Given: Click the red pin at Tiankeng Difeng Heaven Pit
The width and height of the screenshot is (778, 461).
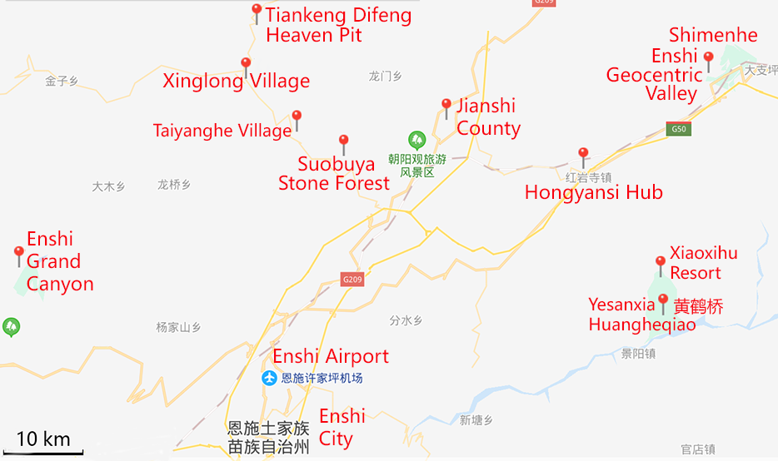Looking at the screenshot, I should (x=257, y=11).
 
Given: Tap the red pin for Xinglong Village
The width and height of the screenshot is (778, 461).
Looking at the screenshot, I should (x=246, y=65).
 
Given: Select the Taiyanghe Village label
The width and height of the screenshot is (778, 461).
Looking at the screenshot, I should (x=222, y=131).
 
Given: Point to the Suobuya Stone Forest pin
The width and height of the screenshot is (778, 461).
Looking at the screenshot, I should (x=343, y=141).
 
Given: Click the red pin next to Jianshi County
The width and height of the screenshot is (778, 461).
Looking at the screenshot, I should (x=446, y=106).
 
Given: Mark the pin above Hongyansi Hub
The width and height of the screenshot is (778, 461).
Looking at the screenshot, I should (x=583, y=154).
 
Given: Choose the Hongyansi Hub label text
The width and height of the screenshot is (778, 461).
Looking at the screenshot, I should (x=593, y=192).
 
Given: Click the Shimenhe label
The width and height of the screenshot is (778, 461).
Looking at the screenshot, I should (x=713, y=35).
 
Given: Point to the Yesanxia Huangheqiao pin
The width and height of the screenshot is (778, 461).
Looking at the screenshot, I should (x=663, y=300).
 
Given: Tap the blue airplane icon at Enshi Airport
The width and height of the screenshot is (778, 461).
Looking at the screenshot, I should (x=269, y=378).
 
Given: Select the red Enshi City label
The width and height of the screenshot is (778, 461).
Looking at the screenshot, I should (x=342, y=427).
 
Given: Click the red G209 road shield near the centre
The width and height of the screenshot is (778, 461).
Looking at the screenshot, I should (x=352, y=280).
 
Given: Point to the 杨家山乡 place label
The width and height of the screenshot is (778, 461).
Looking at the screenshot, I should (x=179, y=327).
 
